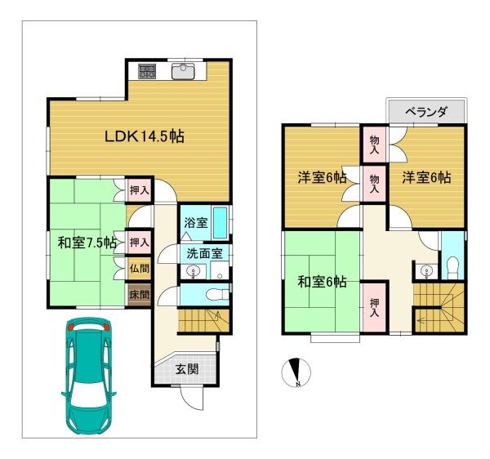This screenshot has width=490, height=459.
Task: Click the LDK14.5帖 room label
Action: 143,136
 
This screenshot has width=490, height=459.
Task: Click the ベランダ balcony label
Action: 426,112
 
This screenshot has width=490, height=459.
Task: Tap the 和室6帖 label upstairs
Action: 322,282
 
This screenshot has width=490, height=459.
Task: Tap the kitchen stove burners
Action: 147,71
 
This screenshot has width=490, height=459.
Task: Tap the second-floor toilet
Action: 452,264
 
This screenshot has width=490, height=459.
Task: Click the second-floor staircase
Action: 440,306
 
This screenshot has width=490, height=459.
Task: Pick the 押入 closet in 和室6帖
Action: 374,305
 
